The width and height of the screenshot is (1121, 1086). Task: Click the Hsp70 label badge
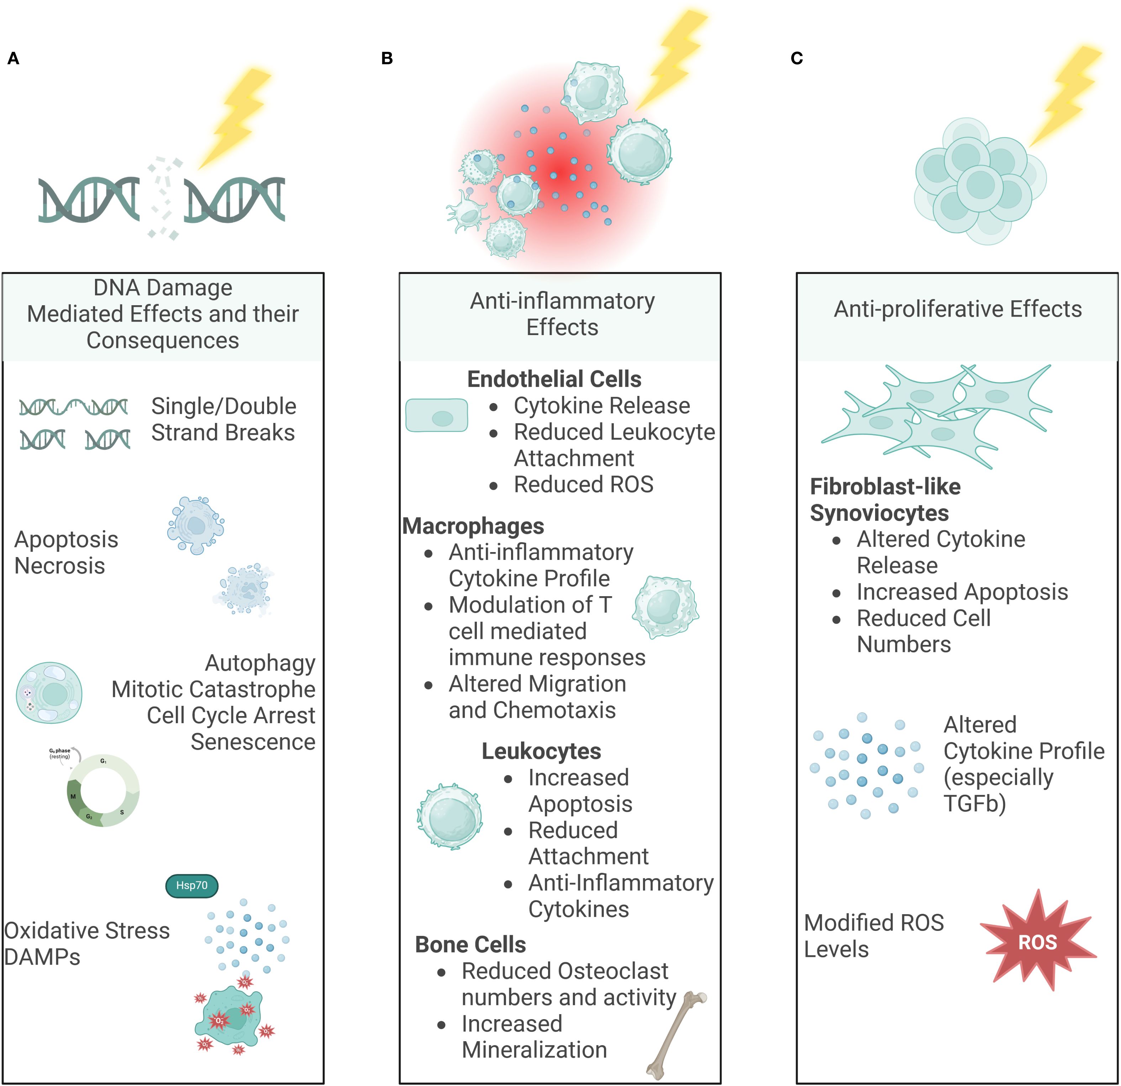(191, 885)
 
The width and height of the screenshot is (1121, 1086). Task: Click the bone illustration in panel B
(677, 1034)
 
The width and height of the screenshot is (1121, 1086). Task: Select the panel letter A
(13, 58)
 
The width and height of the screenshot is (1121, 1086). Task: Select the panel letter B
(386, 58)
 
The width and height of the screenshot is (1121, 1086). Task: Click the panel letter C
(797, 58)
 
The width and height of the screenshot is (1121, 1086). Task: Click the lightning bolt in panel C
(1066, 94)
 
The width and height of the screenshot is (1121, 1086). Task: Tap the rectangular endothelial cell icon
(436, 415)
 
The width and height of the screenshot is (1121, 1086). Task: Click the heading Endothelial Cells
(554, 379)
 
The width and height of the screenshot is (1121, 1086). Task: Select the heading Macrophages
(473, 526)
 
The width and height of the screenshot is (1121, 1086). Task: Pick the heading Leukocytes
(541, 751)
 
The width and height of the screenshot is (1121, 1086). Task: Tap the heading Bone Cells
(470, 945)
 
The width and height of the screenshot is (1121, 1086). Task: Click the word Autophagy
(260, 663)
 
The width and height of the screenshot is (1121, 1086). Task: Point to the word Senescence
(253, 742)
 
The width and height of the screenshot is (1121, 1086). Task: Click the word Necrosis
(59, 566)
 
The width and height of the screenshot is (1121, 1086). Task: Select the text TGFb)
(975, 804)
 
